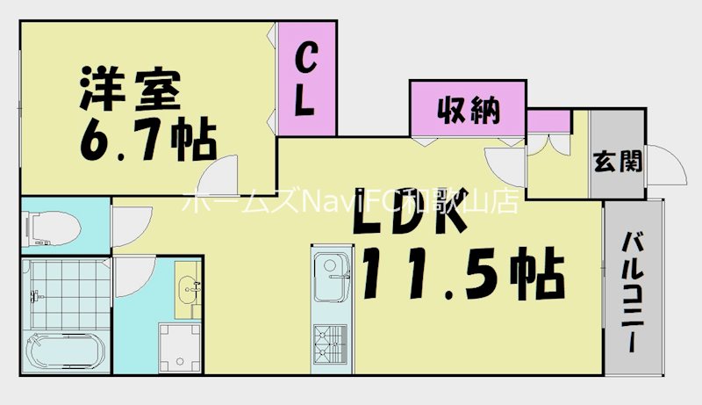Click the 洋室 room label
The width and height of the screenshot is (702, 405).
(x=130, y=89)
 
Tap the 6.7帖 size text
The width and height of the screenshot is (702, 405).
(x=148, y=140)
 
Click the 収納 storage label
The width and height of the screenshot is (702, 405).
(x=469, y=110)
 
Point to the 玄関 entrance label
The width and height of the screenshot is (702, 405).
(x=618, y=162)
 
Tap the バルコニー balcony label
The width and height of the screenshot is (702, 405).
(x=634, y=292)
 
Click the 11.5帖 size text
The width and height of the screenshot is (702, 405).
(x=463, y=274)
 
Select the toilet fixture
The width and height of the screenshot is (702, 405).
(x=51, y=228)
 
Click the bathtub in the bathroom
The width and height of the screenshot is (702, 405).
(x=67, y=351)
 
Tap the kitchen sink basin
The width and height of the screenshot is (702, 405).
(x=332, y=277)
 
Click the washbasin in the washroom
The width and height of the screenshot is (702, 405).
(x=188, y=290)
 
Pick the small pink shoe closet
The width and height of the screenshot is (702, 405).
(x=549, y=121)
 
